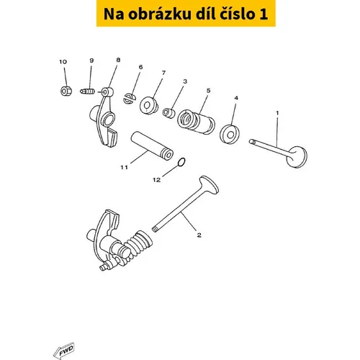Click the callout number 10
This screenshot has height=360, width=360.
[x=63, y=62]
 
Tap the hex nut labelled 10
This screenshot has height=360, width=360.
[x=65, y=91]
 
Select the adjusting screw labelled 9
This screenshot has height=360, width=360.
[x=87, y=91]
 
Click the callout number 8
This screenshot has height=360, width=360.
[x=118, y=60]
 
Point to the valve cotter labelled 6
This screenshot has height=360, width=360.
[x=130, y=99]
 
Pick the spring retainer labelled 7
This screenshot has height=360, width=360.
[x=149, y=105]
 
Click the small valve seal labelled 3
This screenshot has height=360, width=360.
[x=169, y=113]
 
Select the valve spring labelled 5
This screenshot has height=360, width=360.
[x=196, y=122]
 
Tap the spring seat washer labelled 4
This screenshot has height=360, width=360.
[x=230, y=134]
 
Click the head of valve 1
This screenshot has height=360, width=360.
[x=297, y=157]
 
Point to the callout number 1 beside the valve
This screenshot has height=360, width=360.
[x=277, y=112]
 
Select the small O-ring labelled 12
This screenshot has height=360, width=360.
[x=181, y=162]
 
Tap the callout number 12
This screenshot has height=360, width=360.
[x=156, y=180]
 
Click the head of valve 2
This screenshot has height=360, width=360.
[x=209, y=185]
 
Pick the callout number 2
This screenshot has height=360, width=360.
[x=199, y=235]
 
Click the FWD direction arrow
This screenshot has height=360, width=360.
[x=64, y=351]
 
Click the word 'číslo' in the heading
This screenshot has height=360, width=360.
[x=237, y=14]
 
